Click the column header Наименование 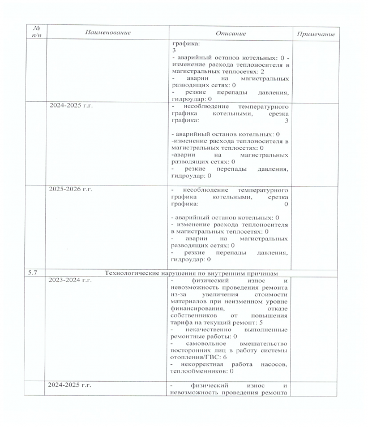click(108, 33)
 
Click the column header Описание click(232, 33)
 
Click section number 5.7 click(33, 273)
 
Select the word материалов click(189, 301)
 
